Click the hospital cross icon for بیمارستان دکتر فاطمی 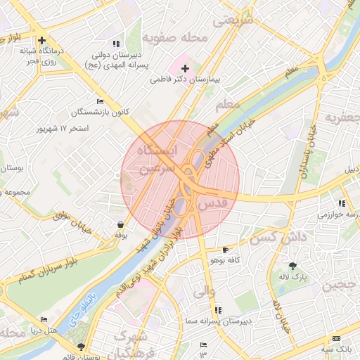(185, 68)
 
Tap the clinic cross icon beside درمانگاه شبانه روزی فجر (43, 40)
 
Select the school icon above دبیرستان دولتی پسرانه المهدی (116, 44)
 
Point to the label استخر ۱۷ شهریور (64, 129)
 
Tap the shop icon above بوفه (120, 225)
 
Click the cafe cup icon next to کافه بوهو (225, 250)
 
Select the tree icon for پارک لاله (292, 265)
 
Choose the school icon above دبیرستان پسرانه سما (218, 309)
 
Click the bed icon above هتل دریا (44, 319)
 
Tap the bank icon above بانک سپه (335, 338)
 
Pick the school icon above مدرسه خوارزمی (342, 203)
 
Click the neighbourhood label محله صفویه (175, 37)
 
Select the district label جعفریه (342, 117)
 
